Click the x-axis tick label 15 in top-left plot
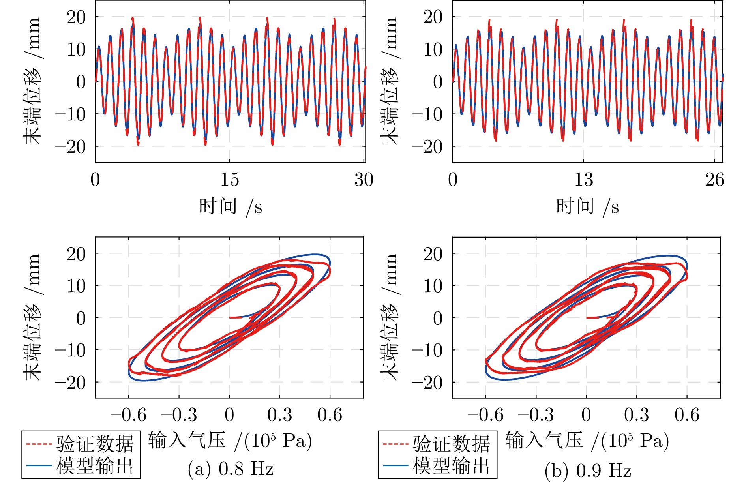[230, 180]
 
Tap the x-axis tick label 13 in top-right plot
[583, 180]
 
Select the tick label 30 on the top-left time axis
[364, 180]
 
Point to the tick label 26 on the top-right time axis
[714, 180]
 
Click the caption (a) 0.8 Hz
[231, 469]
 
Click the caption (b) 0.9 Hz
[588, 470]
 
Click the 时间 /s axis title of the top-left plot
[231, 206]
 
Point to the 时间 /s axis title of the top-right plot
[587, 206]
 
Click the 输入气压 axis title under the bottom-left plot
[230, 441]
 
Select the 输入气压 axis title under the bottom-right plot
[587, 441]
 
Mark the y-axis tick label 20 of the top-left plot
[76, 17]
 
